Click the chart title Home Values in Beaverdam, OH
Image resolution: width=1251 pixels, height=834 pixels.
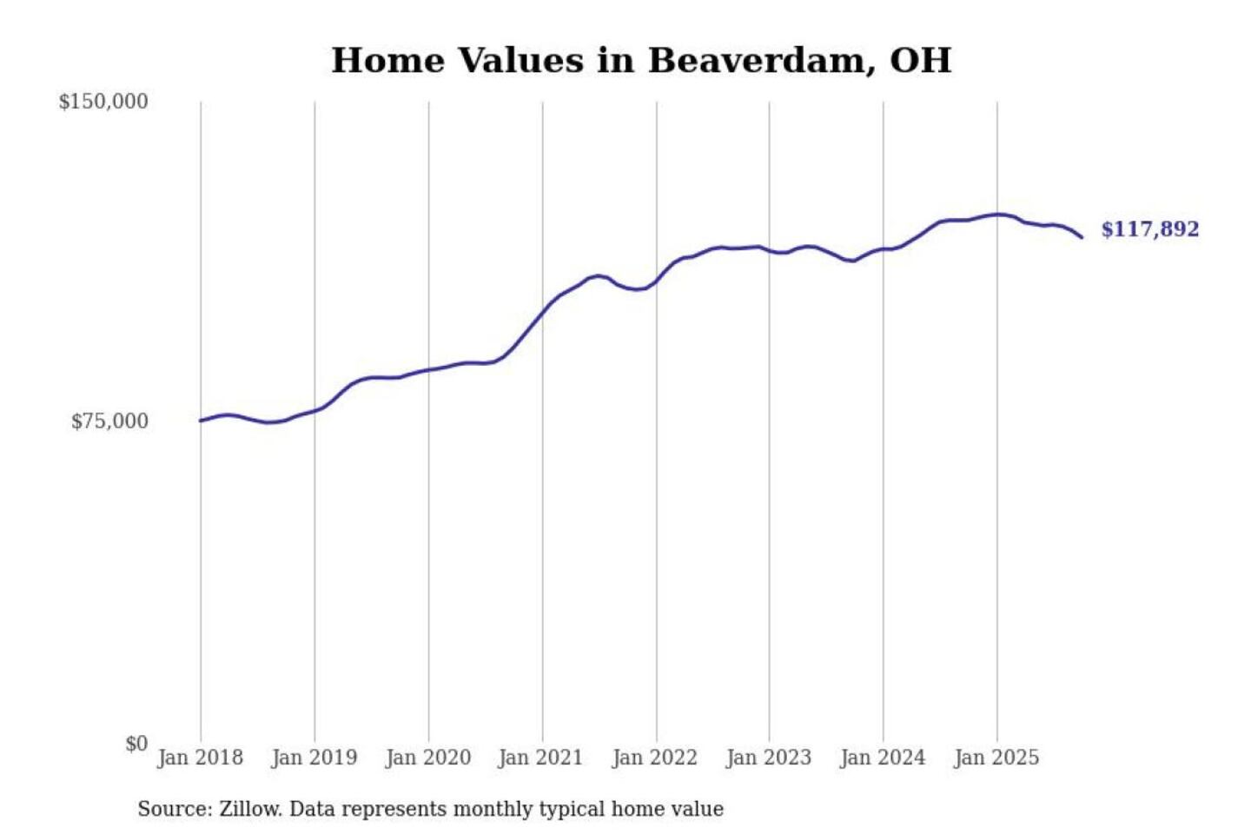tap(641, 61)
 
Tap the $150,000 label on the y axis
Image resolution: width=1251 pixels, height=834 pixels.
tap(103, 102)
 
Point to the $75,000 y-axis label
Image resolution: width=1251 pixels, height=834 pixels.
tap(109, 421)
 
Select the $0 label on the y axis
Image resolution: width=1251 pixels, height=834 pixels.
tap(136, 744)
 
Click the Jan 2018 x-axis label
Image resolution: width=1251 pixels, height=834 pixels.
tap(200, 758)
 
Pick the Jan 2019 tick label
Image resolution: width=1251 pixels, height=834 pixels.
tap(314, 758)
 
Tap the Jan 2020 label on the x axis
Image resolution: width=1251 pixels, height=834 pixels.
tap(427, 758)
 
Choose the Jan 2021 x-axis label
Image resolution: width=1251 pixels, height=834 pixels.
tap(540, 758)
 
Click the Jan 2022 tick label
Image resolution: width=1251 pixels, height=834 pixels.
tap(654, 758)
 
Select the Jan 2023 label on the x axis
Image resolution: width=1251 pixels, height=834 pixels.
tap(768, 758)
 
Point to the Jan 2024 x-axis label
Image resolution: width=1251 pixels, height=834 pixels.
tap(882, 758)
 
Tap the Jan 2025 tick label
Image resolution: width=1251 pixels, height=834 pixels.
tap(996, 758)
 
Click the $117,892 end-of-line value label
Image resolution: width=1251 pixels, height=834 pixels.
tap(1149, 229)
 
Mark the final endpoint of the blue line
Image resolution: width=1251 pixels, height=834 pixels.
tap(1082, 237)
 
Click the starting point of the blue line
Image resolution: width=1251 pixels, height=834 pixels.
tap(201, 420)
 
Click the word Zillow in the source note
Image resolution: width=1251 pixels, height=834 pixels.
tap(250, 810)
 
